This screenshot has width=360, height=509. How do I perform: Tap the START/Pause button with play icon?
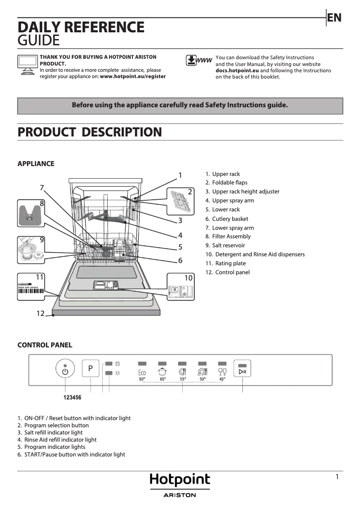pos(242,371)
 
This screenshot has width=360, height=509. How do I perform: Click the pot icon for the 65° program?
pos(162,371)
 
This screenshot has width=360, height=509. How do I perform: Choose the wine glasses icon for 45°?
pos(222,371)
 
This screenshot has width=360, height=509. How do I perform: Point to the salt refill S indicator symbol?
pos(118,363)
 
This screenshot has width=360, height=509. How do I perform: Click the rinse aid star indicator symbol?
pos(118,373)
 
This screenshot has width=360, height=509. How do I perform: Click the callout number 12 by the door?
pos(40,313)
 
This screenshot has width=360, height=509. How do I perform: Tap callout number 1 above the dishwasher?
pos(180,175)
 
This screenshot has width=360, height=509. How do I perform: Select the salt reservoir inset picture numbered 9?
pos(31,250)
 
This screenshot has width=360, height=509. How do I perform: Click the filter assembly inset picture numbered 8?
pos(31,214)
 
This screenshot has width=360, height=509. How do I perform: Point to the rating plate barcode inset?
pos(31,286)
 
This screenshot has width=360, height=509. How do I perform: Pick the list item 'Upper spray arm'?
pos(233,201)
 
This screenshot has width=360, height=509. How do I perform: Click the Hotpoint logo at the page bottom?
pos(180,480)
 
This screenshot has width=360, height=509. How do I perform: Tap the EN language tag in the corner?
pos(334,18)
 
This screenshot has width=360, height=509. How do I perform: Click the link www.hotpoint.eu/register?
pos(133,77)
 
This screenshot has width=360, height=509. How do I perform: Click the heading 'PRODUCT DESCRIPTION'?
pos(89,132)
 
